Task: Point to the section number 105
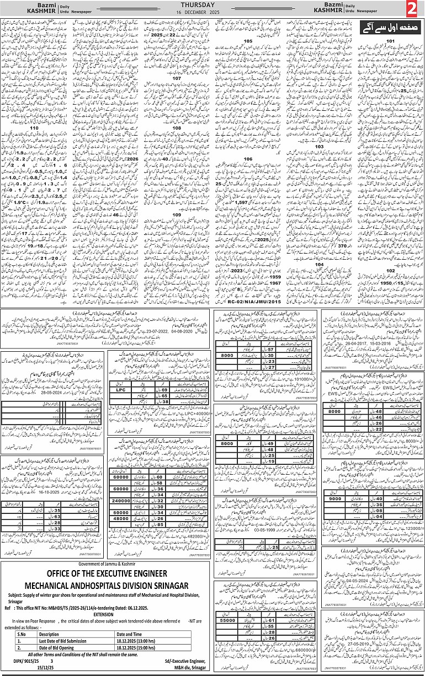pos(248,41)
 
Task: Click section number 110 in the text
pos(35,128)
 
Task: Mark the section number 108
pos(177,127)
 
